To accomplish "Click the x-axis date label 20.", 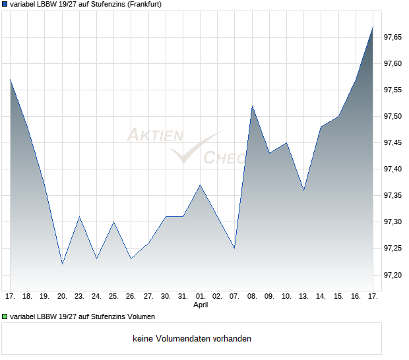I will point(62,297).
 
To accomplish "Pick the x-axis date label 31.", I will point(183,297).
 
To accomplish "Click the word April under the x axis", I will point(200,305).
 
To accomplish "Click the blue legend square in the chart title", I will point(5,4).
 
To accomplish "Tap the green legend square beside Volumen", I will point(5,316).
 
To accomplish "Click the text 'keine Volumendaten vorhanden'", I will point(192,339).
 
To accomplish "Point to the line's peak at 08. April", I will point(251,105).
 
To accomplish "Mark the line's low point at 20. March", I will point(62,264).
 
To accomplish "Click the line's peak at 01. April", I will point(200,185).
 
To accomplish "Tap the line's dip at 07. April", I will point(234,248).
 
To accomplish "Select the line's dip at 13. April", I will point(303,190).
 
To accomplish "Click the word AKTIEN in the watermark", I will point(154,136).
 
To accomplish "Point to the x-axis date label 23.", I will point(79,297).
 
